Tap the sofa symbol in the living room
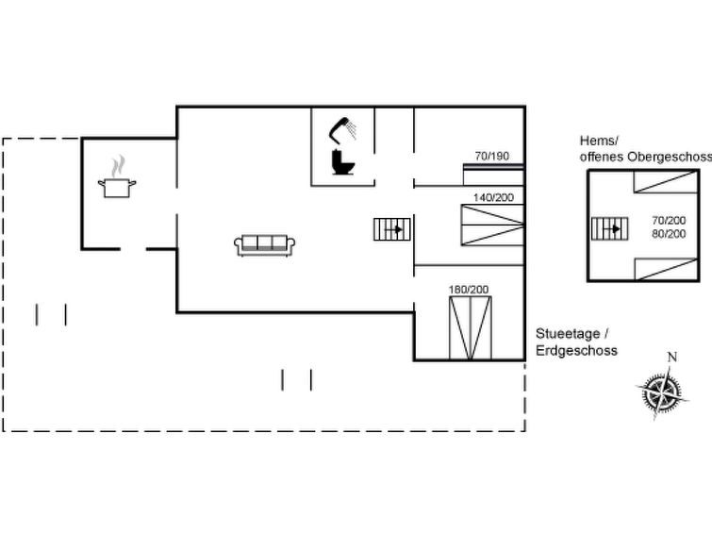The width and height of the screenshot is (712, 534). (265, 244)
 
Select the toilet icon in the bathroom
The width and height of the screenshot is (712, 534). (342, 162)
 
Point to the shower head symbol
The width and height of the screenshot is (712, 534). (343, 127)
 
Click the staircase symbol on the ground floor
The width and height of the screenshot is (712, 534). (390, 229)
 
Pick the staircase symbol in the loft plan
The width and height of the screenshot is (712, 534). (608, 228)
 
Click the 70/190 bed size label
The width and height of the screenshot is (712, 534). (491, 156)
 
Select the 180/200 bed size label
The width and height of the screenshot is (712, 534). (469, 288)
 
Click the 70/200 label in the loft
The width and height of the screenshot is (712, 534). (669, 219)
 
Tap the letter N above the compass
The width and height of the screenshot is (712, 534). (671, 358)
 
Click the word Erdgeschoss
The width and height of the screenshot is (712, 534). (576, 350)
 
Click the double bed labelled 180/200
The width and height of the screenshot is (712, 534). (470, 326)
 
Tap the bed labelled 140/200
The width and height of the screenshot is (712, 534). (491, 225)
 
